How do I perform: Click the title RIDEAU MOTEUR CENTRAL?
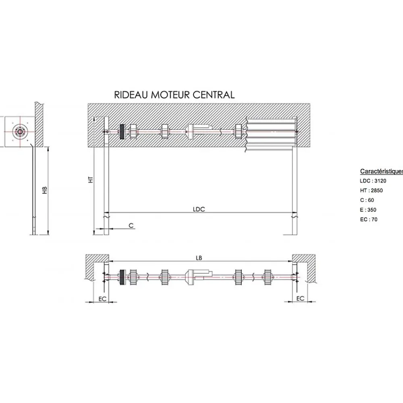pyautogui.click(x=174, y=95)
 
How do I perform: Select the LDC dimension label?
pyautogui.click(x=199, y=209)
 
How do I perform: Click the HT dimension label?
pyautogui.click(x=90, y=179)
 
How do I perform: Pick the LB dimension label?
pyautogui.click(x=199, y=258)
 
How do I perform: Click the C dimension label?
pyautogui.click(x=131, y=225)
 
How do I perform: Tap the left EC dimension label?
pyautogui.click(x=102, y=299)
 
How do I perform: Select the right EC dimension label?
pyautogui.click(x=300, y=298)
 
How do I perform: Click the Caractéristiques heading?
pyautogui.click(x=381, y=171)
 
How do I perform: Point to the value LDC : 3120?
pyautogui.click(x=373, y=181)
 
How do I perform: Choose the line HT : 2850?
pyautogui.click(x=372, y=191)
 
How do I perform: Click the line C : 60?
pyautogui.click(x=367, y=200)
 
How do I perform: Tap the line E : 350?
pyautogui.click(x=368, y=210)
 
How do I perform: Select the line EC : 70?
pyautogui.click(x=369, y=220)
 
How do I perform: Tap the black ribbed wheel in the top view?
pyautogui.click(x=123, y=132)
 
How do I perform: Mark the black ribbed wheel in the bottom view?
pyautogui.click(x=123, y=277)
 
